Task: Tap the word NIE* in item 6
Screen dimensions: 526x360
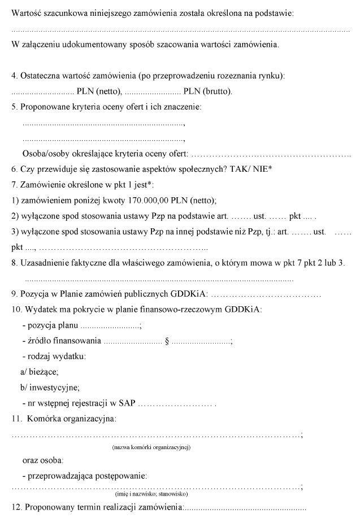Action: [x=264, y=168]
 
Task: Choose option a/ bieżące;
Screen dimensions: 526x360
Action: [x=39, y=372]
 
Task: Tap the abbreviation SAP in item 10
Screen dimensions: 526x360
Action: [x=127, y=403]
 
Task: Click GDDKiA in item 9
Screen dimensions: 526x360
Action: [x=193, y=294]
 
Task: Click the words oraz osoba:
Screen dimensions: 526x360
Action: [x=43, y=460]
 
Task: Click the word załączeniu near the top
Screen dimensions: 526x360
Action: [x=41, y=44]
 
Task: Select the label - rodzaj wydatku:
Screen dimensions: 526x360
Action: [x=54, y=357]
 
